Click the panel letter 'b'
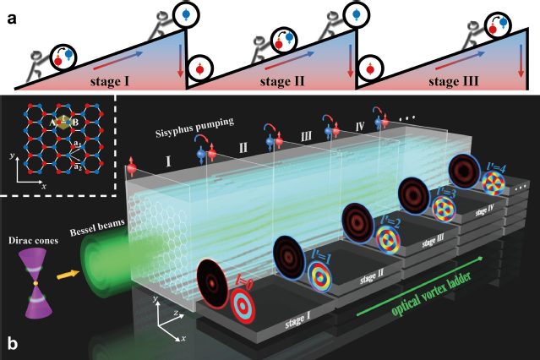tap(12, 345)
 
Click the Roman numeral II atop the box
tap(243, 149)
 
